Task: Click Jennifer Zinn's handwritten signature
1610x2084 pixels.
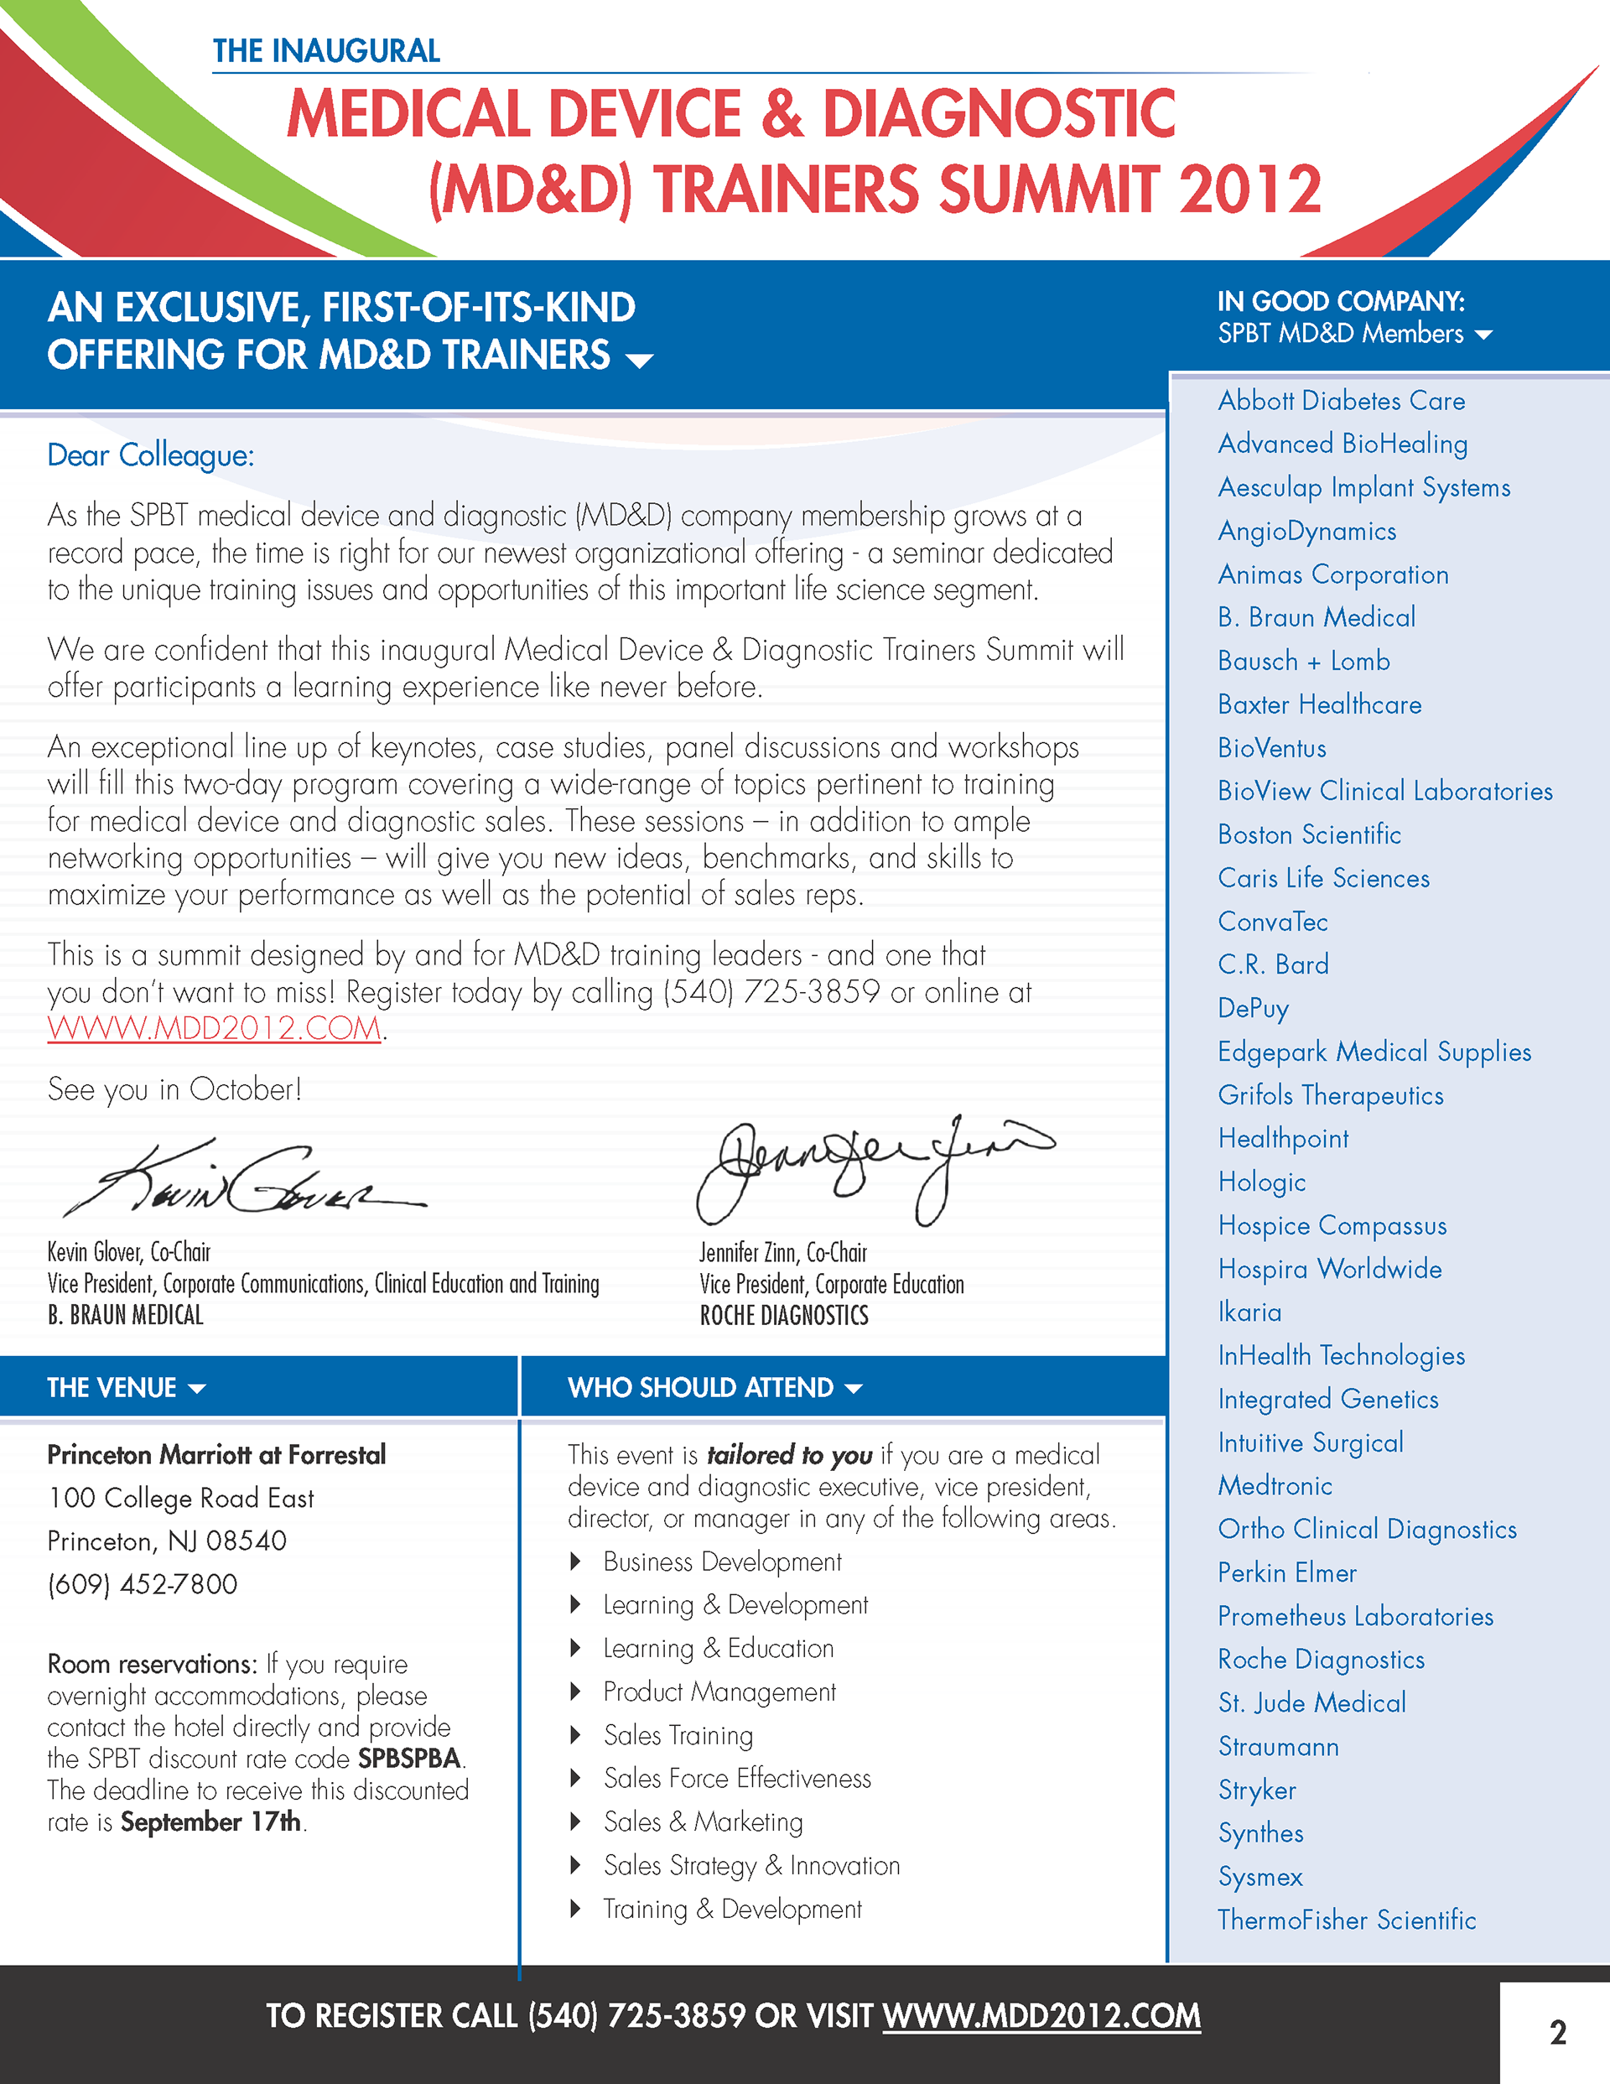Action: (x=873, y=1168)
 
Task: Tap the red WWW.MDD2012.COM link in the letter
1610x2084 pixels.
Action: (x=215, y=1029)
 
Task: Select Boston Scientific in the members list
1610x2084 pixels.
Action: (x=1308, y=835)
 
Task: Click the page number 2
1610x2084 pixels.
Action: (x=1557, y=2033)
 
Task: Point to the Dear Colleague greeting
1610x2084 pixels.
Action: (x=151, y=456)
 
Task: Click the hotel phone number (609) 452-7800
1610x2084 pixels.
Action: (x=143, y=1584)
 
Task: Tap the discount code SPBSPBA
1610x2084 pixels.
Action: (x=409, y=1758)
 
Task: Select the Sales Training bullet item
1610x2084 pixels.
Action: (x=678, y=1736)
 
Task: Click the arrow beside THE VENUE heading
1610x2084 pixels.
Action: (x=198, y=1389)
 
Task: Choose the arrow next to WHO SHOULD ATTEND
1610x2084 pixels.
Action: (x=854, y=1389)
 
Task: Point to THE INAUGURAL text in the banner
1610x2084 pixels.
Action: (x=325, y=50)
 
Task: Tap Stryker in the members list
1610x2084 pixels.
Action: (x=1257, y=1790)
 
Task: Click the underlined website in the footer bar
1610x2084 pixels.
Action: (x=1041, y=2015)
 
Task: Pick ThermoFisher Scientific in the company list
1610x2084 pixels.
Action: (x=1346, y=1920)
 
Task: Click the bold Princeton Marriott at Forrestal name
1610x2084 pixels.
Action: (x=216, y=1455)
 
